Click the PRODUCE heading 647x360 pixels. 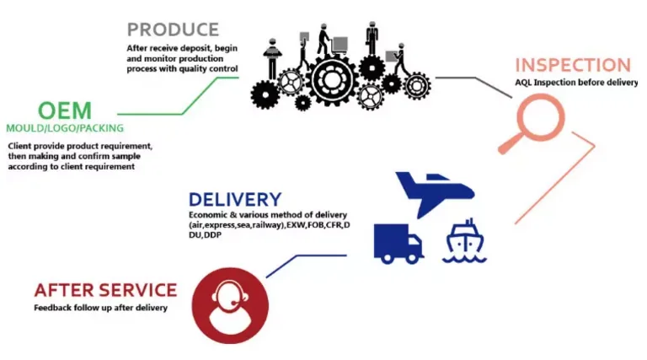(173, 30)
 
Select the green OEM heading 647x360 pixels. (64, 110)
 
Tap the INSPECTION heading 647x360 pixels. (572, 65)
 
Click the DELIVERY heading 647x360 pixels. (234, 200)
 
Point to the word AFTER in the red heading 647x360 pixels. (64, 290)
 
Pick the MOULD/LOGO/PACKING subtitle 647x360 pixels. (65, 128)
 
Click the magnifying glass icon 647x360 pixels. (537, 114)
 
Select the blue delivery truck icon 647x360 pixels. (398, 244)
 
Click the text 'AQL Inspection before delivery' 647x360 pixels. (576, 83)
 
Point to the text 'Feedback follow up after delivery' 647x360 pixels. (100, 308)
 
